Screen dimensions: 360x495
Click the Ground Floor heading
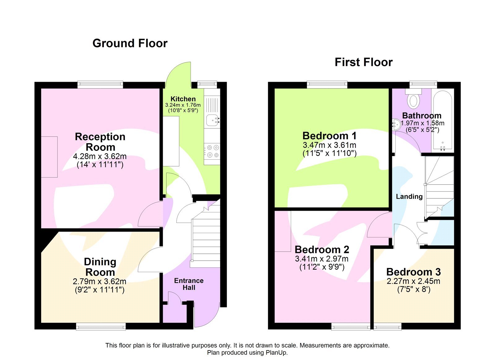[x=130, y=43]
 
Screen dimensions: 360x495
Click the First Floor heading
[x=364, y=62]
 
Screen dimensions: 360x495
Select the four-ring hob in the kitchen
[x=212, y=151]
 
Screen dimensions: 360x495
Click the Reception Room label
[x=100, y=142]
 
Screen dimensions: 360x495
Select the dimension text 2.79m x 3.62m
[x=100, y=281]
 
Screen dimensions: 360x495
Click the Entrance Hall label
[x=189, y=284]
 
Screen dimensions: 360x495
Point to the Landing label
[x=409, y=197]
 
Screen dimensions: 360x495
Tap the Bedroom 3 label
[x=413, y=272]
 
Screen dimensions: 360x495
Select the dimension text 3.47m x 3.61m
[x=329, y=145]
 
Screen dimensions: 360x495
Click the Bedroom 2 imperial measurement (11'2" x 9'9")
[x=322, y=267]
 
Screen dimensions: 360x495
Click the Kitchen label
[x=183, y=99]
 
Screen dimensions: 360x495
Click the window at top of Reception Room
[x=100, y=85]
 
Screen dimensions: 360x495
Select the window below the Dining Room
[x=101, y=326]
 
